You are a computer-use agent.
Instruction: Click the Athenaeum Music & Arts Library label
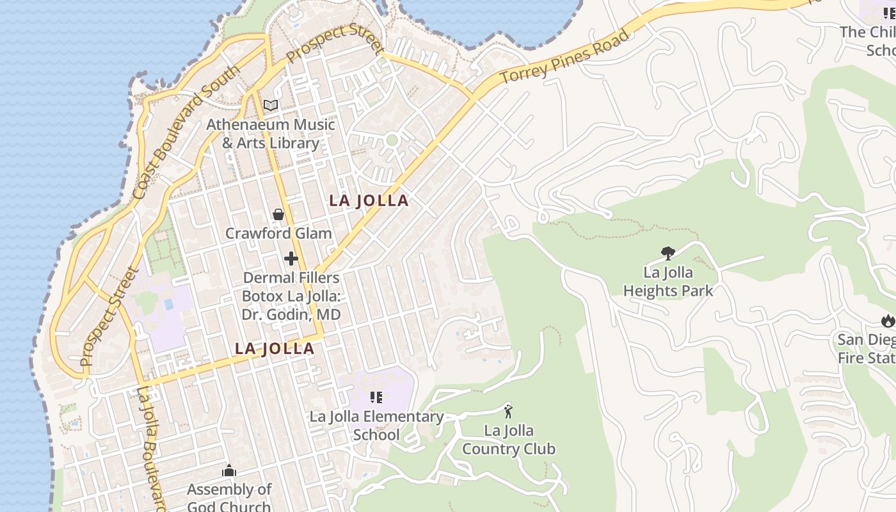click(x=270, y=133)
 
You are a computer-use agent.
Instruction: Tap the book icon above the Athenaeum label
click(x=271, y=105)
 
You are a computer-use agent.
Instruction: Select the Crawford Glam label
click(x=278, y=233)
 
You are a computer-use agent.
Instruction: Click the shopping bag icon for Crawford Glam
click(x=278, y=214)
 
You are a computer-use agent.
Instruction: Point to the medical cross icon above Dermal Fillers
click(x=291, y=259)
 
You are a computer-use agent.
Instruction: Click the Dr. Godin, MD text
click(x=291, y=314)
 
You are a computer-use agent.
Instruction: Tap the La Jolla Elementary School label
click(x=376, y=426)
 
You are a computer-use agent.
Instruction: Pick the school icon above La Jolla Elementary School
click(x=376, y=397)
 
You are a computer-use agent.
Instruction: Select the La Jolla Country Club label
click(x=509, y=439)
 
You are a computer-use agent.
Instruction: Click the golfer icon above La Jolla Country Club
click(x=509, y=412)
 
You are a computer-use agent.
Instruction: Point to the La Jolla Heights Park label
click(x=668, y=282)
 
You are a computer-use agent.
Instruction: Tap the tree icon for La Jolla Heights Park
click(x=668, y=253)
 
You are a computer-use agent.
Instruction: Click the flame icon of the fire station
click(x=887, y=320)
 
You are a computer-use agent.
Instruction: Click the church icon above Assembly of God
click(x=229, y=472)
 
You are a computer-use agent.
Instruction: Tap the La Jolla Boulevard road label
click(x=152, y=448)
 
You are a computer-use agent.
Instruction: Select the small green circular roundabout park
click(x=392, y=140)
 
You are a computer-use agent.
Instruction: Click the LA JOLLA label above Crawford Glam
click(x=369, y=200)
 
